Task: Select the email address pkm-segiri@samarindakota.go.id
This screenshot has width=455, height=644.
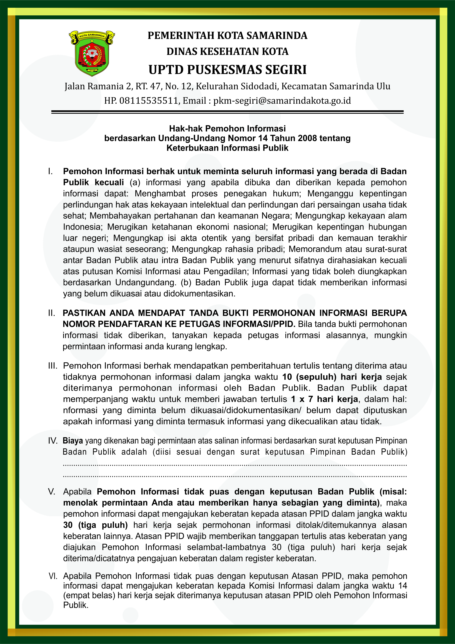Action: pyautogui.click(x=282, y=100)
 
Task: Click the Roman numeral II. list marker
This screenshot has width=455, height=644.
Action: pyautogui.click(x=52, y=313)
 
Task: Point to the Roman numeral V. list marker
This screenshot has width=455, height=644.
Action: pyautogui.click(x=52, y=492)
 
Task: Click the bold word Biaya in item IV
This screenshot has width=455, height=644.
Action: pyautogui.click(x=73, y=441)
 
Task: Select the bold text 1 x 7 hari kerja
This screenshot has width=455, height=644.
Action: pyautogui.click(x=324, y=399)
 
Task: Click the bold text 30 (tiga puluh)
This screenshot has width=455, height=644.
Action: pyautogui.click(x=95, y=525)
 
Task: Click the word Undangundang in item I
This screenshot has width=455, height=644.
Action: pyautogui.click(x=146, y=282)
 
